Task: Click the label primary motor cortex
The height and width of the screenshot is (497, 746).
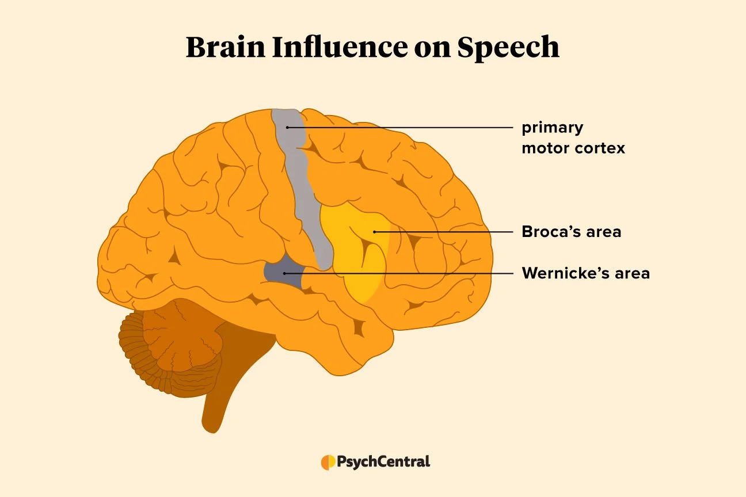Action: coord(573,137)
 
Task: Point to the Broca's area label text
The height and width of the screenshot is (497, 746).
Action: coord(571,232)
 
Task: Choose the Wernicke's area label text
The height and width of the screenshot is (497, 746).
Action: coord(585,273)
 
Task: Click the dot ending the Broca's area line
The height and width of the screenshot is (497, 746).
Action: coord(374,232)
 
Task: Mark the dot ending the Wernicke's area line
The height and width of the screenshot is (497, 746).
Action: coord(284,273)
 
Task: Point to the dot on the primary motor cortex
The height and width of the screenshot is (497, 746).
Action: coord(287,127)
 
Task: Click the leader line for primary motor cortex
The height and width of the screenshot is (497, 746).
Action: coord(403,127)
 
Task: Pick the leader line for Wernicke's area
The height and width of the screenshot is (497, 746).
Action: coord(403,273)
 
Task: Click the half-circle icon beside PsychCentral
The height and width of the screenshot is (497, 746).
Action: coord(328,462)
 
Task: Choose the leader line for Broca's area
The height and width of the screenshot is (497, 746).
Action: coord(443,232)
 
